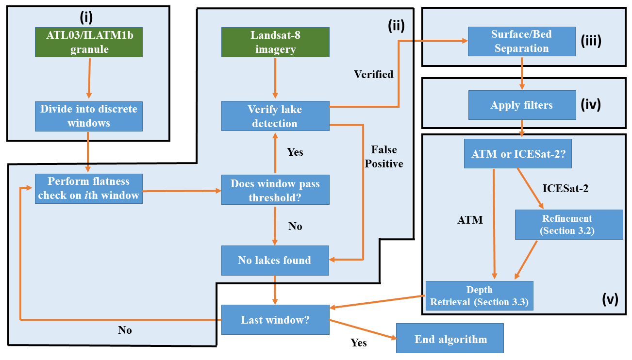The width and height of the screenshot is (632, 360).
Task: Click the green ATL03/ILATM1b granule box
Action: coord(89,42)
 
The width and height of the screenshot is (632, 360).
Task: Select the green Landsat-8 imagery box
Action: coord(275,42)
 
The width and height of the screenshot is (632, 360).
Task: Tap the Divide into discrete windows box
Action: coord(89,116)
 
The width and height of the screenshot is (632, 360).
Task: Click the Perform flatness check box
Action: coord(89,189)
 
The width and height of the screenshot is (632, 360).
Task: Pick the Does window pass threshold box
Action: coord(275,190)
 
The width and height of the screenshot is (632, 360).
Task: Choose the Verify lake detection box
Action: coord(275,116)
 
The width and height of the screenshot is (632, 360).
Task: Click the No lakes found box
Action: coord(275,261)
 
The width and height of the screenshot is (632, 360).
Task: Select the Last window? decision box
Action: coord(275,320)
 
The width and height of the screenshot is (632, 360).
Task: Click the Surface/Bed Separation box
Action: coord(521,42)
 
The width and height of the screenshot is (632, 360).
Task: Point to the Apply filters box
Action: coord(521,105)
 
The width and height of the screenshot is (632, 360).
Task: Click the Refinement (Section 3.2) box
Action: coord(569,225)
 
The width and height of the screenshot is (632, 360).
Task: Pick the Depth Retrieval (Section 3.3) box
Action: coord(479,296)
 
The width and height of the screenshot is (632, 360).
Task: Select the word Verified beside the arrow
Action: coord(373,74)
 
